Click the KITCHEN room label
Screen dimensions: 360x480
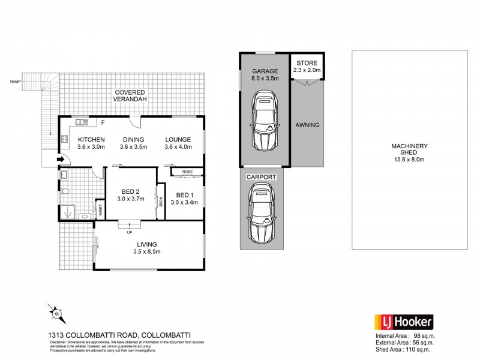(x=91, y=139)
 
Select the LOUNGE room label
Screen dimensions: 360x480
(x=178, y=139)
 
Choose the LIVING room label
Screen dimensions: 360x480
(x=146, y=244)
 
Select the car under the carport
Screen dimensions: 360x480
(x=262, y=213)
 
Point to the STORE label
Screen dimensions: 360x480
(x=307, y=63)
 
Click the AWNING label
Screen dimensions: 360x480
(x=307, y=125)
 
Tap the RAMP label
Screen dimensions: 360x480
(x=14, y=82)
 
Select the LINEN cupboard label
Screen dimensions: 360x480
(x=101, y=209)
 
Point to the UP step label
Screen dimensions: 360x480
(x=129, y=232)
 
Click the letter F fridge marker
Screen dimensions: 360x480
(x=103, y=123)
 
